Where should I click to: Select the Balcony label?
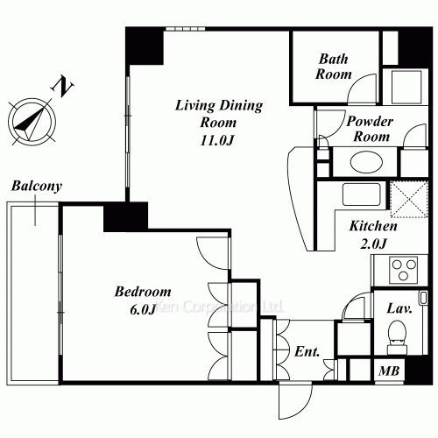(36, 187)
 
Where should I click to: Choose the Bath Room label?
(334, 67)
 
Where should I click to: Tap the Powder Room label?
(369, 130)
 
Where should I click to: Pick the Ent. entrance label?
(307, 353)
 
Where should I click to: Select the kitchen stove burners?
(406, 269)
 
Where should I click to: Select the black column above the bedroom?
(124, 216)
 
